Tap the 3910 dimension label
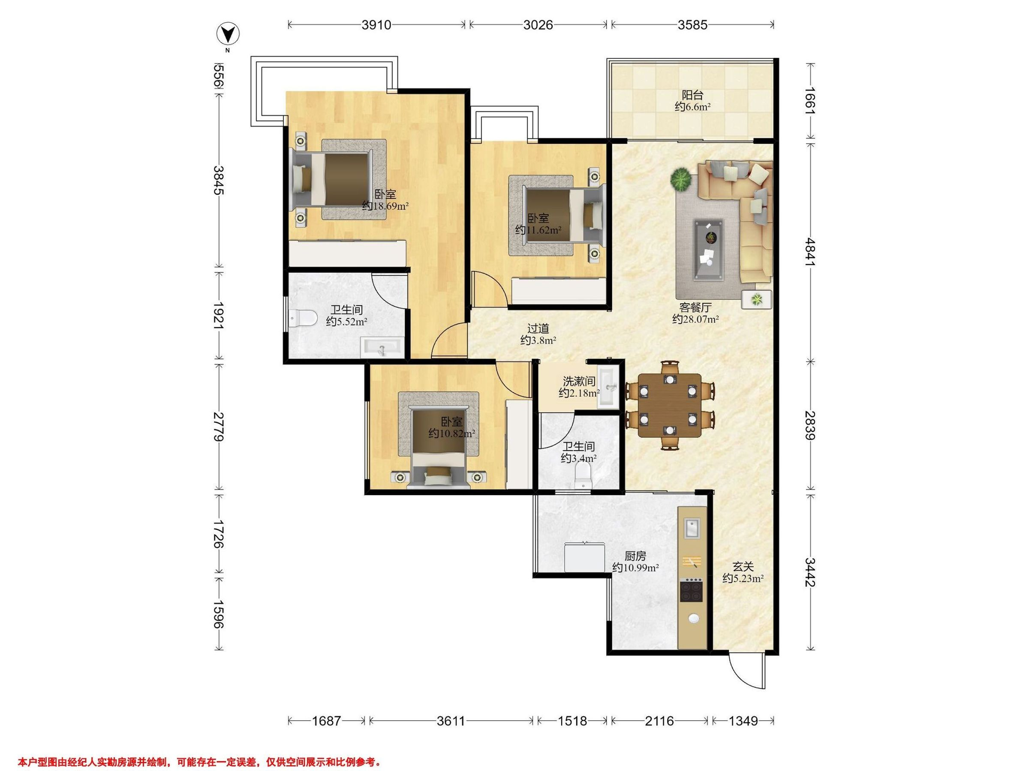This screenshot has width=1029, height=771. point(376,25)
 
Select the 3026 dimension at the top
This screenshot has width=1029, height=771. point(538,25)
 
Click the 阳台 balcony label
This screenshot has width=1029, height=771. point(693,95)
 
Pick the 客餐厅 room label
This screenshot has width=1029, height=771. point(695,308)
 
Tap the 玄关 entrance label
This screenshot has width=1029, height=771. point(743,567)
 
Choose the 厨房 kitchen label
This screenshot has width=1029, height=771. point(635,556)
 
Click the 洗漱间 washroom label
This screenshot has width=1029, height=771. point(579,382)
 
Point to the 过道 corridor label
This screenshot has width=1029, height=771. point(538,329)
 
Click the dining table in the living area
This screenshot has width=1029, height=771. point(669,405)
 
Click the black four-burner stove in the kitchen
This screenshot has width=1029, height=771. point(691,592)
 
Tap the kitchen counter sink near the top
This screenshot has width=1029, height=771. point(691,529)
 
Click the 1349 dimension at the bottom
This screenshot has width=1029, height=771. point(743,721)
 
